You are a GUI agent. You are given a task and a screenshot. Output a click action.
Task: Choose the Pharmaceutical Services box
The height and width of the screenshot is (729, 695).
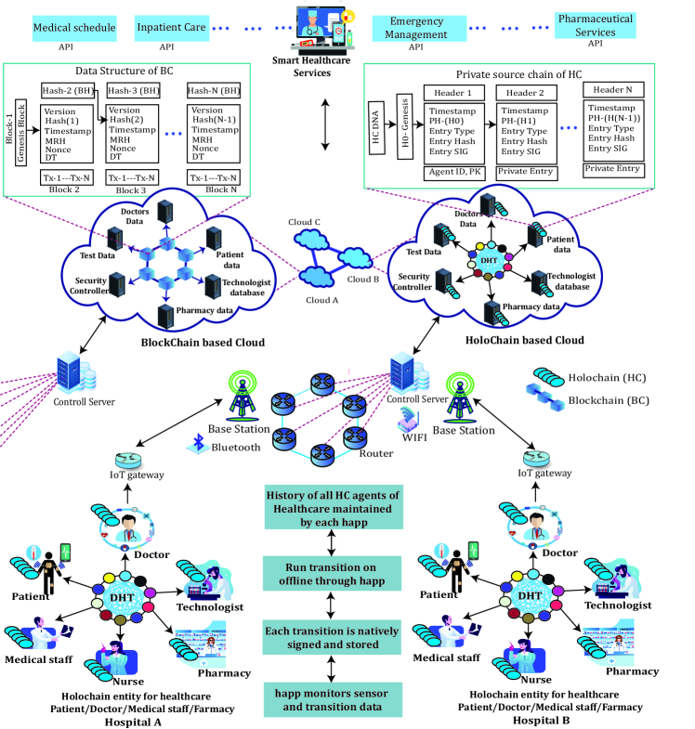click(x=596, y=25)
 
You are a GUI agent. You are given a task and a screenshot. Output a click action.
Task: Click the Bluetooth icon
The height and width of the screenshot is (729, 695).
click(x=195, y=444)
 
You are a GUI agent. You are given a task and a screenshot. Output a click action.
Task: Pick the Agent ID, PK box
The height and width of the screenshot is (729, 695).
click(x=455, y=173)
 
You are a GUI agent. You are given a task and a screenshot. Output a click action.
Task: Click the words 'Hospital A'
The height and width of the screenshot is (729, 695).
click(x=136, y=720)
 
